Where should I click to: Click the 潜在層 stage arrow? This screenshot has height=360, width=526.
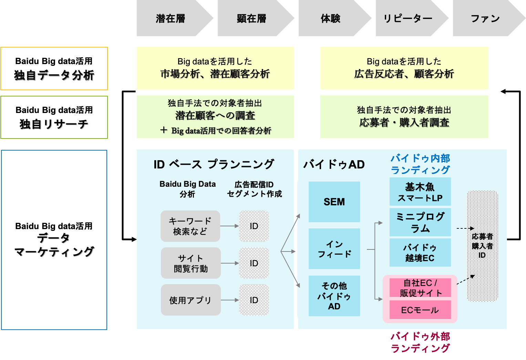click(x=171, y=18)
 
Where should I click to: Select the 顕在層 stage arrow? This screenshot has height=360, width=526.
click(x=252, y=18)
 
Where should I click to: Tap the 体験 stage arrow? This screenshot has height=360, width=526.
click(x=331, y=18)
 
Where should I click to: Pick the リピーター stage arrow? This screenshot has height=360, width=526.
click(x=408, y=18)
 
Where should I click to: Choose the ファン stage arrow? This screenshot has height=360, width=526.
click(x=485, y=18)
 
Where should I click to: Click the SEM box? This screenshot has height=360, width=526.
click(x=334, y=202)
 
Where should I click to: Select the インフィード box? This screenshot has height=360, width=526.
click(x=334, y=249)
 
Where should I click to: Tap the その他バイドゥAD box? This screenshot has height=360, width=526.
click(x=334, y=296)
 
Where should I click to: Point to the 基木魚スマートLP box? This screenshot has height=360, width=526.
click(x=420, y=192)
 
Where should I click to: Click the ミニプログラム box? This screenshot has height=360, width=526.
click(x=420, y=222)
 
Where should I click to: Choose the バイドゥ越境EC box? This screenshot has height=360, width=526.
click(x=420, y=253)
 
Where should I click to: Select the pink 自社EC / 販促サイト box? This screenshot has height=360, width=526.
click(x=420, y=288)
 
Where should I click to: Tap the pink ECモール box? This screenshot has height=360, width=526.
click(x=420, y=310)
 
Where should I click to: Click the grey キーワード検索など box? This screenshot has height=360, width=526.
click(x=190, y=226)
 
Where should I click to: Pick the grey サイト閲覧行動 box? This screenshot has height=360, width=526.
click(x=190, y=263)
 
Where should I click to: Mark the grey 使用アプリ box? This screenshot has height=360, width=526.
click(x=190, y=300)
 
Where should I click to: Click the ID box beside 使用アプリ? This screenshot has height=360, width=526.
click(x=254, y=300)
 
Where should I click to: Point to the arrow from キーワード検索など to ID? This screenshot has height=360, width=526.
click(x=229, y=226)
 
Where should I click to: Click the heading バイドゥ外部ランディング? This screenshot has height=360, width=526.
click(x=420, y=342)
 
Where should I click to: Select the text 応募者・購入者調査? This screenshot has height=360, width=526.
click(x=404, y=123)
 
